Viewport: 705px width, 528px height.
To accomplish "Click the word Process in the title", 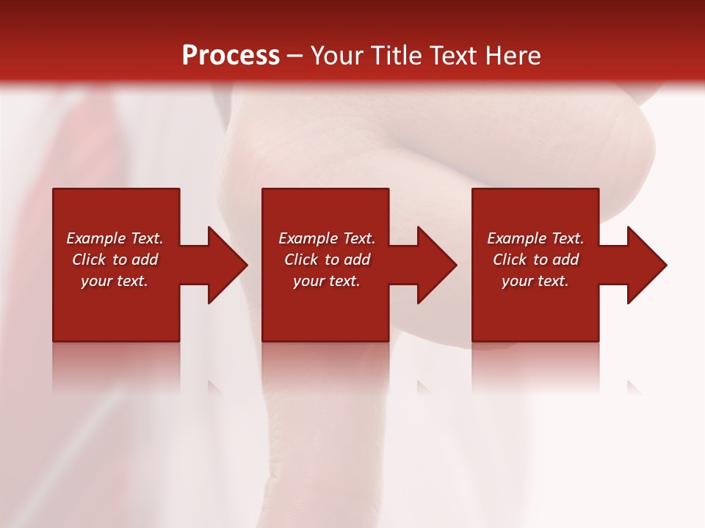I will (x=231, y=56).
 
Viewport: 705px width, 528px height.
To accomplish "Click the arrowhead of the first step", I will (x=227, y=265).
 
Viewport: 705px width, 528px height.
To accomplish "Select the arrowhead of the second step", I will (x=436, y=265).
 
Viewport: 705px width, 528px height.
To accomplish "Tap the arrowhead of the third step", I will (x=646, y=265).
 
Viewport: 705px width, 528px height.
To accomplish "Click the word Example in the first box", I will (x=95, y=238).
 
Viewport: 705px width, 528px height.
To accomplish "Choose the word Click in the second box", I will (x=301, y=260).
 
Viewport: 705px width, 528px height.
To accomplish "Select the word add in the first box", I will (x=145, y=260).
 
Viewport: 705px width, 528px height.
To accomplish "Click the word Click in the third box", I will (x=510, y=260).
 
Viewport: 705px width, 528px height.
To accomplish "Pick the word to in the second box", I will (x=332, y=260).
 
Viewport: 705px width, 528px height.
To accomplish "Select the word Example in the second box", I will (x=308, y=238).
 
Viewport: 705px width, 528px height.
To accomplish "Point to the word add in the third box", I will (x=566, y=260).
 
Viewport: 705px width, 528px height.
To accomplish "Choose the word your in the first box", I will (x=96, y=282).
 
